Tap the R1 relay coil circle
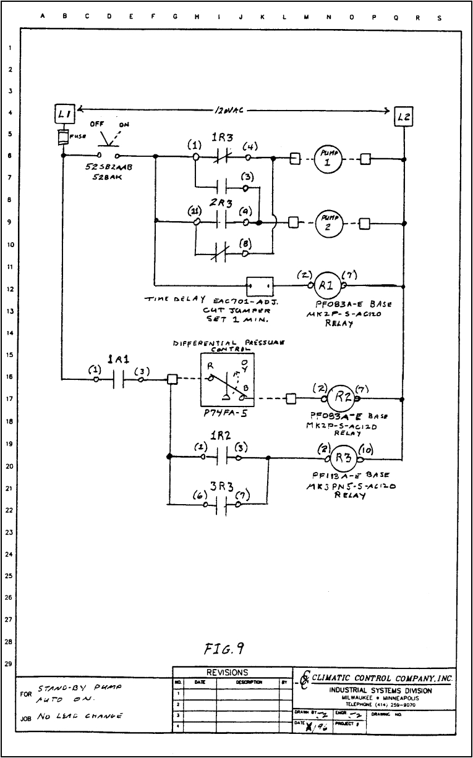pyautogui.click(x=325, y=286)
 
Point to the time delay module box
pyautogui.click(x=260, y=286)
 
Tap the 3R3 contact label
pyautogui.click(x=221, y=487)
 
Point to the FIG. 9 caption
pyautogui.click(x=223, y=648)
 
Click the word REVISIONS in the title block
pyautogui.click(x=231, y=672)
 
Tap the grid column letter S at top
pyautogui.click(x=439, y=17)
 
